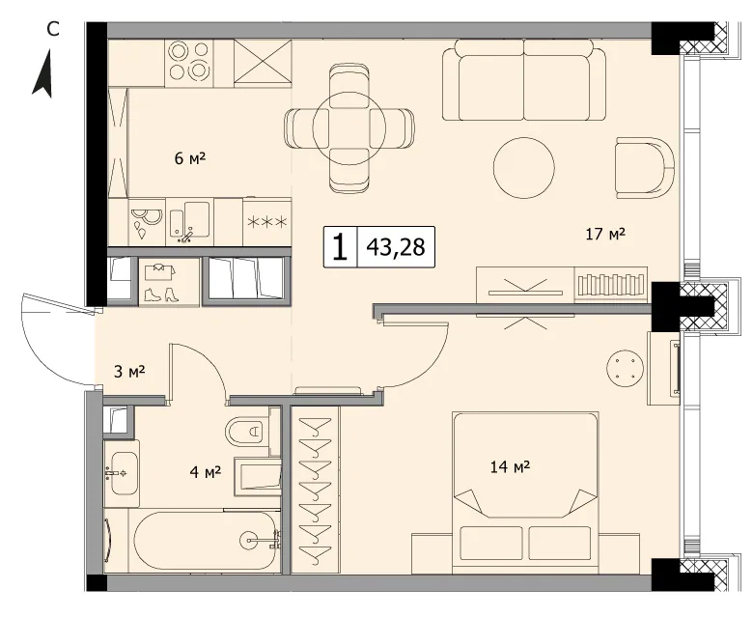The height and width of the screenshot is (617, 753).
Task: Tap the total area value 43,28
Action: [x=396, y=247]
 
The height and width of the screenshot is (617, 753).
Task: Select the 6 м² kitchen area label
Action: [x=190, y=158]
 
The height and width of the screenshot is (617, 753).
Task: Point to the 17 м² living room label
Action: [x=605, y=234]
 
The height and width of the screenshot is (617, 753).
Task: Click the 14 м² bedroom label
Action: [x=510, y=466]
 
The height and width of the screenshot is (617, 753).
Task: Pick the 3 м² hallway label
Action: [x=129, y=371]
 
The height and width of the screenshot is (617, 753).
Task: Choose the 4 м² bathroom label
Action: [x=205, y=472]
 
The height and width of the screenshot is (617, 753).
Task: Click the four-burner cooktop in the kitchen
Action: [x=189, y=64]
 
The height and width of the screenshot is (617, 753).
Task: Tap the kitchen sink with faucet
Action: [x=189, y=220]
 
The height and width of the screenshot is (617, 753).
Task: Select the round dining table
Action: [x=349, y=128]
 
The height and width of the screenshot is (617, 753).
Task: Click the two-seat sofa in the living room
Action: [x=524, y=79]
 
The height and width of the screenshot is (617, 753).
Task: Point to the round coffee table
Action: [x=524, y=168]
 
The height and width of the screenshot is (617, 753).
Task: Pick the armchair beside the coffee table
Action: [x=645, y=168]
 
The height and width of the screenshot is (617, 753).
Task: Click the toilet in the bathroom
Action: [x=247, y=431]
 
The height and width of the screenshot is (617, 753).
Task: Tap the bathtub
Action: [x=207, y=540]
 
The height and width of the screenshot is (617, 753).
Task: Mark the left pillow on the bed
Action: [x=490, y=543]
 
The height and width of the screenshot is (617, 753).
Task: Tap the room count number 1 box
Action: [x=341, y=247]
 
